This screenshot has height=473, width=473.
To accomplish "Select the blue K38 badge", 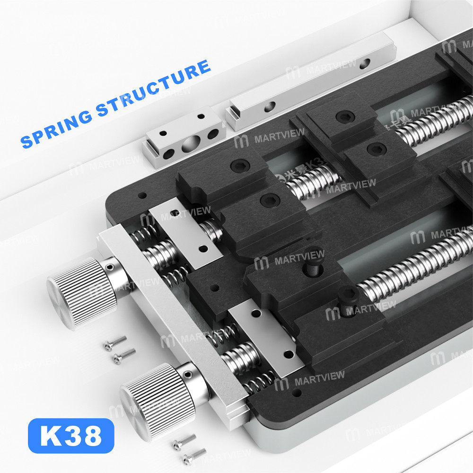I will point(71,436).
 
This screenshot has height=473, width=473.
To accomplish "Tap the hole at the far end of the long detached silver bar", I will point(364,63).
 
